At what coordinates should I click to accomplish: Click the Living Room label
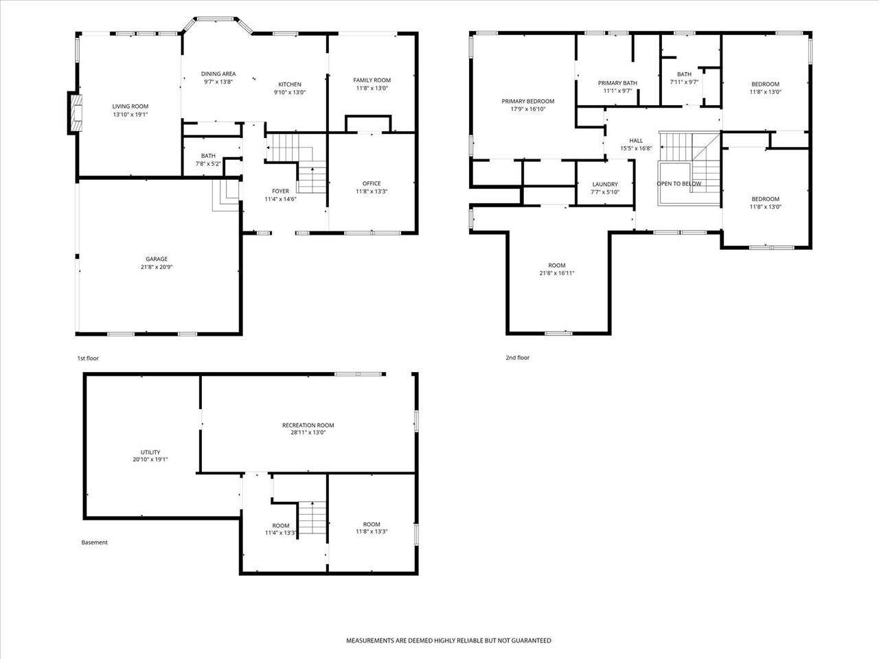tap(130, 106)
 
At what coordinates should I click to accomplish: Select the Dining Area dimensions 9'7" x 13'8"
tap(218, 82)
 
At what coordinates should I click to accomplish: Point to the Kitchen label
tap(290, 84)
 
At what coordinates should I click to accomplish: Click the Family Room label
tap(372, 80)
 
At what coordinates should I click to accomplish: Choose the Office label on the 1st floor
tap(372, 184)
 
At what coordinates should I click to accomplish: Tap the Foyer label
tap(280, 192)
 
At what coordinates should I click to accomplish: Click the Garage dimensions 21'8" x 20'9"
tap(157, 267)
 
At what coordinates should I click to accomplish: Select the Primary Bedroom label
tap(528, 102)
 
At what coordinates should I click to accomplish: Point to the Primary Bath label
tap(617, 83)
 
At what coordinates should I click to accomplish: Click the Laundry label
tap(605, 185)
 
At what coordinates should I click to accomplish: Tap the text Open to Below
tap(678, 184)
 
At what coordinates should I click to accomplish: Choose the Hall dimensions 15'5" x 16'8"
tap(636, 148)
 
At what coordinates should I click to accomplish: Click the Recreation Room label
tap(308, 426)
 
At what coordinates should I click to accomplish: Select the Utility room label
tap(150, 452)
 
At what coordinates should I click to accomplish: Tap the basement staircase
tap(312, 518)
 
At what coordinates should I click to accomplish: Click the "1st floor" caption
tap(88, 358)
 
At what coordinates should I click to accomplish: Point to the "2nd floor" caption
tap(517, 358)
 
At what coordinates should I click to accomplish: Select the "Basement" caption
tap(95, 542)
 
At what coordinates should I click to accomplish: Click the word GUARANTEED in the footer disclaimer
tap(530, 640)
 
